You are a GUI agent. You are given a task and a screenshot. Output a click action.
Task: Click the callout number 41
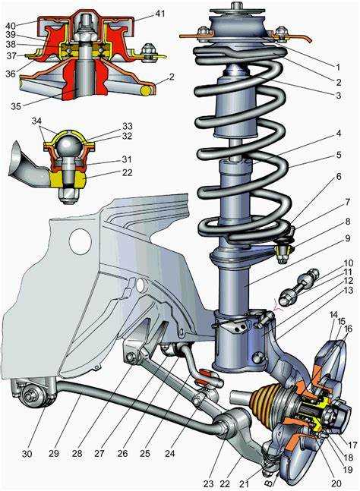pyautogui.click(x=159, y=14)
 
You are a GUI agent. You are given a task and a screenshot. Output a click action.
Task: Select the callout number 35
pyautogui.click(x=16, y=105)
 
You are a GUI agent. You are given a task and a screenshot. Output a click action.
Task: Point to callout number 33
pyautogui.click(x=127, y=126)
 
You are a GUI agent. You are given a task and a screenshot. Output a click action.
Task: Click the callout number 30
pyautogui.click(x=27, y=453)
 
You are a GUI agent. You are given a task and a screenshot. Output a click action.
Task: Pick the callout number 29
pyautogui.click(x=54, y=453)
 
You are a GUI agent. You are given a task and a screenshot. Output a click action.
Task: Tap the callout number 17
pyautogui.click(x=352, y=445)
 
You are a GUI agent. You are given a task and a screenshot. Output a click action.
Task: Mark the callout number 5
pyautogui.click(x=339, y=155)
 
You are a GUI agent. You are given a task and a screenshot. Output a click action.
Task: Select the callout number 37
pyautogui.click(x=11, y=55)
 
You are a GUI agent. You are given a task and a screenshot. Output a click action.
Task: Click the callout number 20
pyautogui.click(x=336, y=484)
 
